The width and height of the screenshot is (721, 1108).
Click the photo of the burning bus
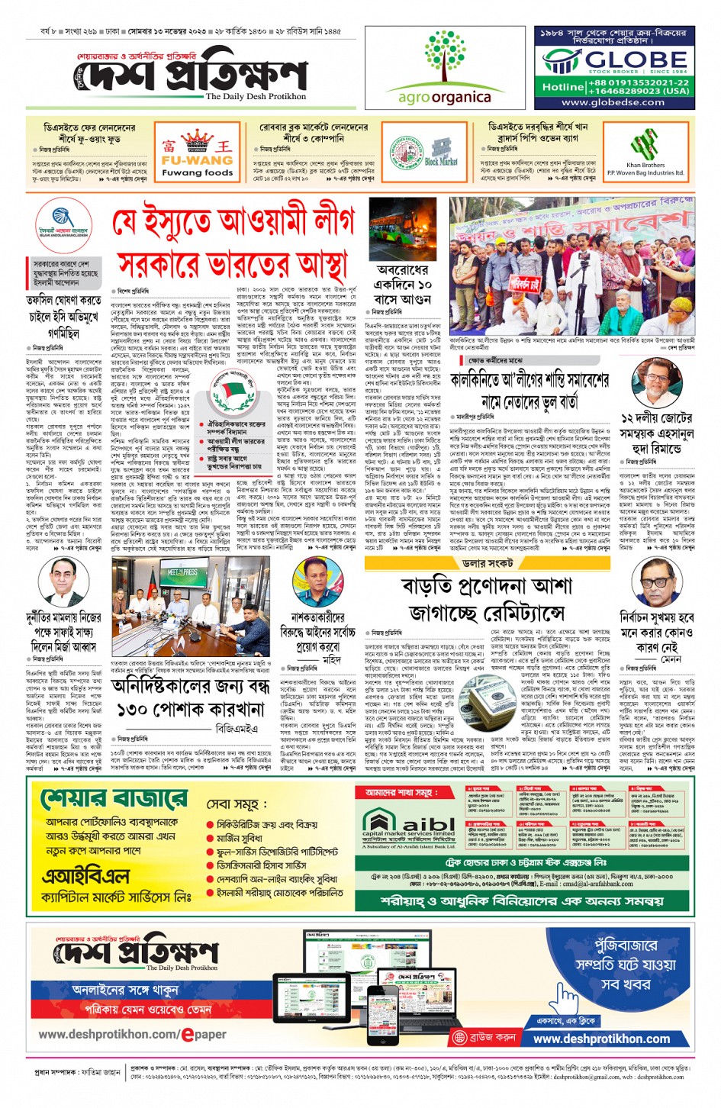(x=402, y=230)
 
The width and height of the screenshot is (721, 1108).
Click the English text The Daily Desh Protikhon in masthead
(x=256, y=97)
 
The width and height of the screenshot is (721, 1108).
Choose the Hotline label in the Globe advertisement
(x=563, y=86)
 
